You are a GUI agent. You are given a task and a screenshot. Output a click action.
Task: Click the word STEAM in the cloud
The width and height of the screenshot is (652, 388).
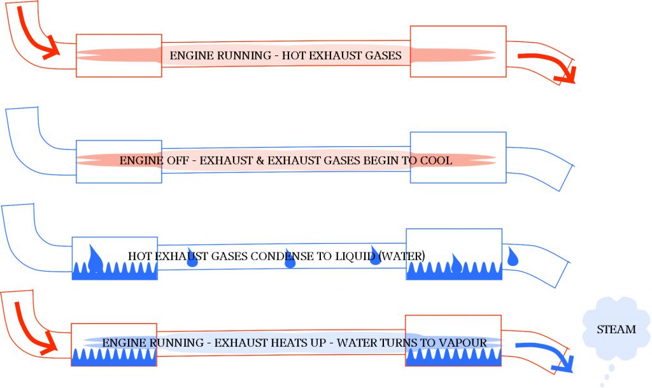coord(616,329)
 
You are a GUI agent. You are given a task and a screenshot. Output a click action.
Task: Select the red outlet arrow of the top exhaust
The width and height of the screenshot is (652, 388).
coord(549,69)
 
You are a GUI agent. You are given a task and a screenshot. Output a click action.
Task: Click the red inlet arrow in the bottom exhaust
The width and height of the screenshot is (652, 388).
coord(32,329)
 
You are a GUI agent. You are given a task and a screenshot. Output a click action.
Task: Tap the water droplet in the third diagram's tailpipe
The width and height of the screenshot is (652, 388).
coord(513,257)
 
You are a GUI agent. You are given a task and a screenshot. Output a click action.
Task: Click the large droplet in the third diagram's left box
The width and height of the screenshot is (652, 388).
coord(96,258)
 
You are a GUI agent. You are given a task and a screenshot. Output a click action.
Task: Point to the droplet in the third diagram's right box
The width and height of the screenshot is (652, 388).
coord(457,261)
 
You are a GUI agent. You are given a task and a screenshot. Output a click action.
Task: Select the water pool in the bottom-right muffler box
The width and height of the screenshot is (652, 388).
coord(453,357)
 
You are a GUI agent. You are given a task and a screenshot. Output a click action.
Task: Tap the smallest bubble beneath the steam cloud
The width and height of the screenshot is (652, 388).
coord(603,384)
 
